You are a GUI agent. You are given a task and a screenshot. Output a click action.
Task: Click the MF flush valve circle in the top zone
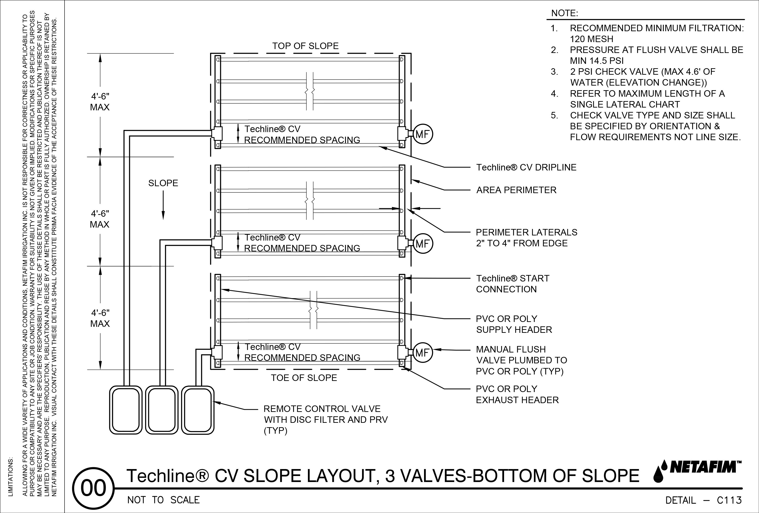point(423,134)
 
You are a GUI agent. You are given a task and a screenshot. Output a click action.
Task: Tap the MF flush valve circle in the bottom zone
point(423,353)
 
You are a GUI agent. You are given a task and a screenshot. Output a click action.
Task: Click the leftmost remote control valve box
point(126,410)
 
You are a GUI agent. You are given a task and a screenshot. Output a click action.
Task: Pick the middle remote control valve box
point(162,410)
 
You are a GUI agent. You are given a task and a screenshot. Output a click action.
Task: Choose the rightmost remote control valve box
point(198,410)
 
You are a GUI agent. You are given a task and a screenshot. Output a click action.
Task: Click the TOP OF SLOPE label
point(305,46)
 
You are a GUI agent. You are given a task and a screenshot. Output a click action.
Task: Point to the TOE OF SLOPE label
point(304,378)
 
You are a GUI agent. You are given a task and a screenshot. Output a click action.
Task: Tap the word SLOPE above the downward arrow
point(163,183)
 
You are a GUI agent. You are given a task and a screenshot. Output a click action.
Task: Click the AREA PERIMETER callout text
point(516,190)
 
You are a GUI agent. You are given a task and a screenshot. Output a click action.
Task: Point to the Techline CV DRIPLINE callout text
point(526,167)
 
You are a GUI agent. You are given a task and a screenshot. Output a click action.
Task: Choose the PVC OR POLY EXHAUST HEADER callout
point(517,395)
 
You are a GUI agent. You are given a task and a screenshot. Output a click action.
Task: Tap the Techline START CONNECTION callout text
point(512,284)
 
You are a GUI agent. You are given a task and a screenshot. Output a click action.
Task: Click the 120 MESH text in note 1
point(592,39)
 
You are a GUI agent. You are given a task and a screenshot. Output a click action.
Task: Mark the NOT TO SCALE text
point(163,500)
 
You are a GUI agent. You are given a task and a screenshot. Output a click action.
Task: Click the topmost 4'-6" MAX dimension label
point(100,102)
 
